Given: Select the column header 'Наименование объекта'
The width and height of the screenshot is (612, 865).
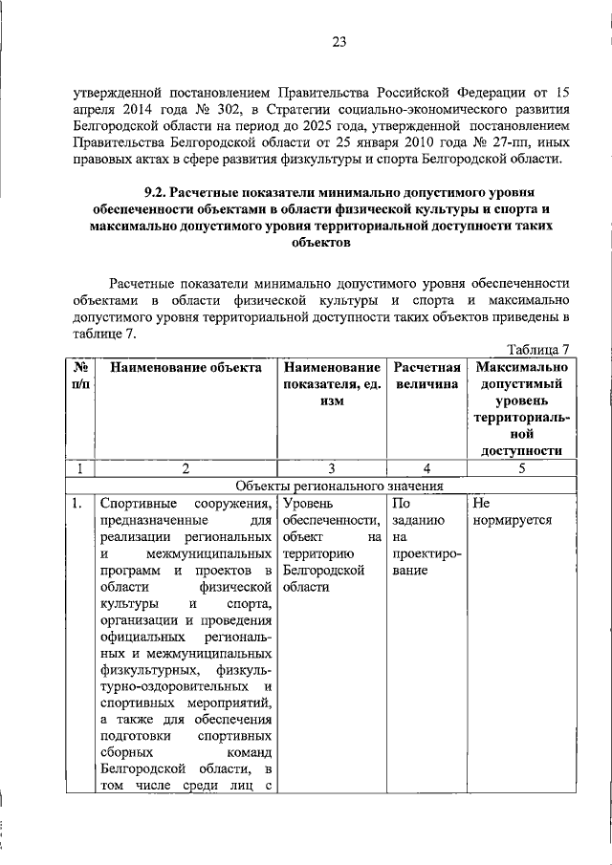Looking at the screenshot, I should point(185,367).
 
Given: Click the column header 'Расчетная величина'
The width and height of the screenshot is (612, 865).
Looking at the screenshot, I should point(427,376).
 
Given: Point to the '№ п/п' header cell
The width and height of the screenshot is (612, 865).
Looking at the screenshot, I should point(81,376).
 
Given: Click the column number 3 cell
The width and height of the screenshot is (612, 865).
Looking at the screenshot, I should point(330,468).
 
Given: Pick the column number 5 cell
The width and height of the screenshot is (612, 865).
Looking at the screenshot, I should point(521,468).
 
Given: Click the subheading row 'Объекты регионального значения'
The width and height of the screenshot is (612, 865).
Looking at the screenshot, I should point(329,485).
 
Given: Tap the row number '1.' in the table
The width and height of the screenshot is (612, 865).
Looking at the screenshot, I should point(76,502).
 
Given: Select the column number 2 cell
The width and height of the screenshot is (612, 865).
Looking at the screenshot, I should point(185,468).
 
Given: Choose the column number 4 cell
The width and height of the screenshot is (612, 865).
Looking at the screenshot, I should point(427,468).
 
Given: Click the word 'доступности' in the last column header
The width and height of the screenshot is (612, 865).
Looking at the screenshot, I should point(521,450).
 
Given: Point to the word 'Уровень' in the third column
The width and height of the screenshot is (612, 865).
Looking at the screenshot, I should point(309,502).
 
